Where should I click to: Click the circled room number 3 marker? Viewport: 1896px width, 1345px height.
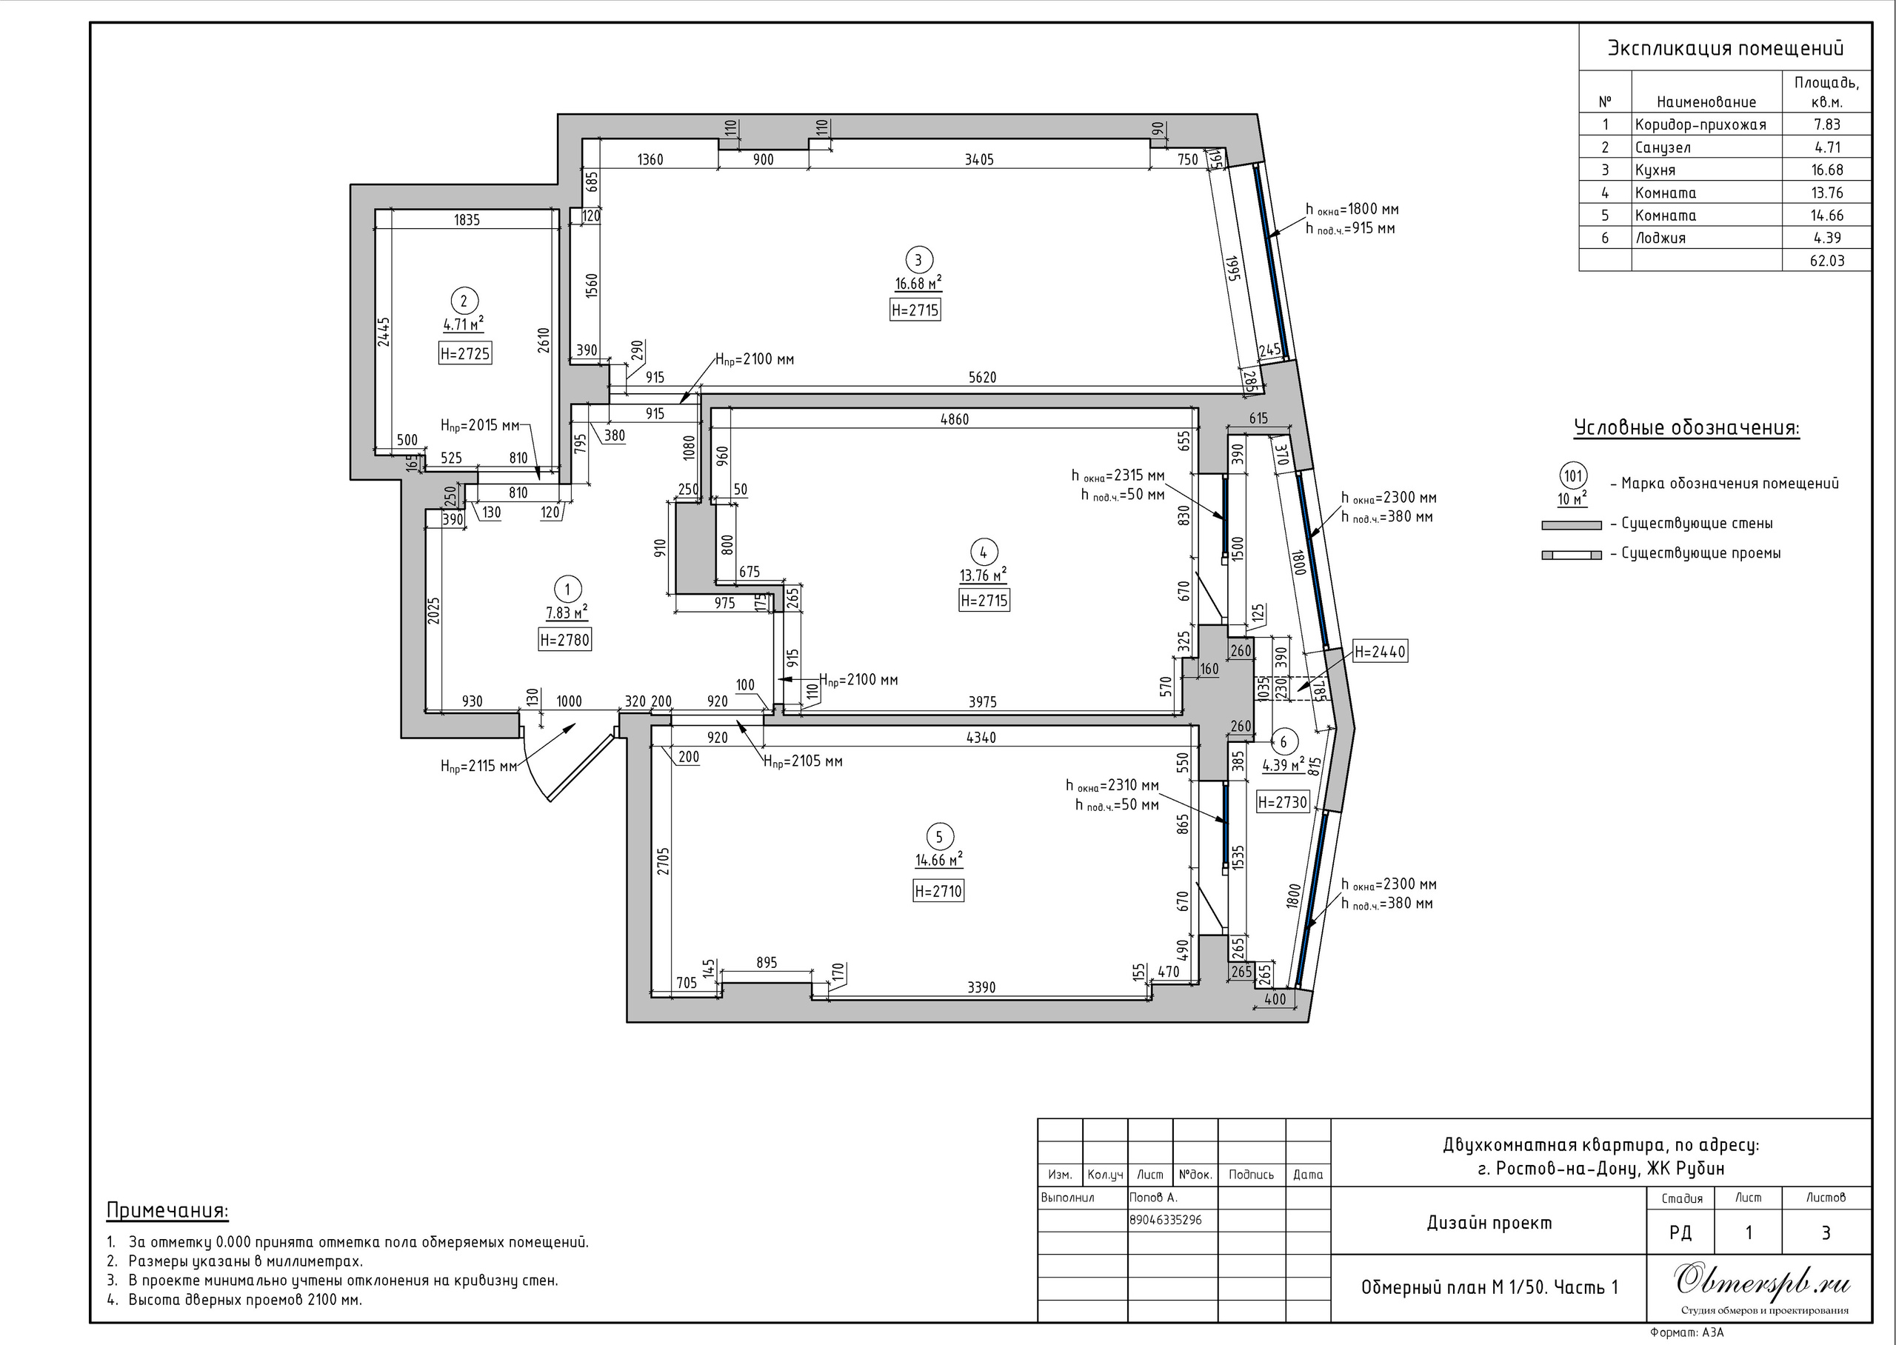click(918, 259)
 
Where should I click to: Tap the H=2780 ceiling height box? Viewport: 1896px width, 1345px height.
click(564, 640)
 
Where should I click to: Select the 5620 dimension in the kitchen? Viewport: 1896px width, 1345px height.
click(982, 378)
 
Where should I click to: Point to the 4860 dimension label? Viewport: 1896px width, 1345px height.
click(955, 419)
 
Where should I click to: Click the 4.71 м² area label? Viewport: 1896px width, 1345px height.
click(464, 324)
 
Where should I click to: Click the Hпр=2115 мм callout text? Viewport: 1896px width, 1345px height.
click(478, 766)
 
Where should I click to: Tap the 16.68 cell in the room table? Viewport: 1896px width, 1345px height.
click(1826, 170)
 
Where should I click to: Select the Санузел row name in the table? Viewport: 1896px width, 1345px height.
click(1663, 147)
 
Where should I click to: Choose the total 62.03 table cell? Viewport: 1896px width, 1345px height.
click(1826, 261)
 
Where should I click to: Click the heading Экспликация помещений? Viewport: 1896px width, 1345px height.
click(1726, 48)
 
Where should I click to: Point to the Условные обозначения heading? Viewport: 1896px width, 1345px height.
click(1686, 428)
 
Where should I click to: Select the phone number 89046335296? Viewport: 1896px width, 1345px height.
click(1166, 1220)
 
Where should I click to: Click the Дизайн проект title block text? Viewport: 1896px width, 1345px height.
click(1489, 1224)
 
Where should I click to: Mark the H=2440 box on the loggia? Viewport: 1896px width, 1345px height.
click(1379, 652)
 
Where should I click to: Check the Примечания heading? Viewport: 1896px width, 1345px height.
click(167, 1211)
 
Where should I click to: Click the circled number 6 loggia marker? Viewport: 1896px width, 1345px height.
click(1284, 742)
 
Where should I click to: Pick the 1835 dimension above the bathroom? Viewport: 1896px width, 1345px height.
click(467, 220)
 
